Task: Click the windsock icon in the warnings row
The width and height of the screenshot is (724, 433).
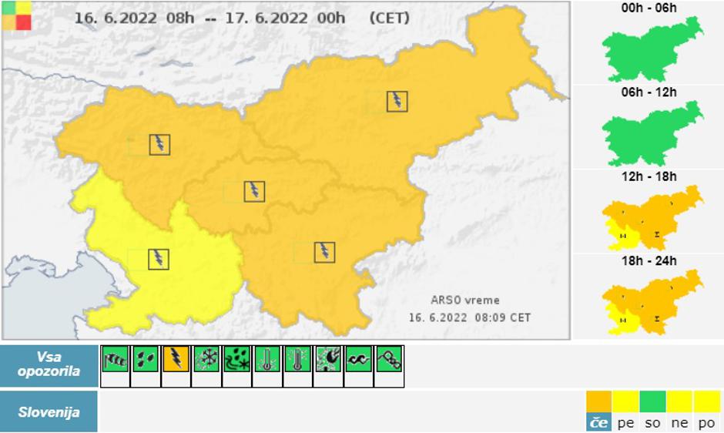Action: point(115,359)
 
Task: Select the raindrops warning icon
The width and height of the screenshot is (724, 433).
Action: point(146,359)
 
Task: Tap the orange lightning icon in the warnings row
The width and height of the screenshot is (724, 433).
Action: point(176,359)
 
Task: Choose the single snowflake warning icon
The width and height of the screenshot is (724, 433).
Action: point(206,359)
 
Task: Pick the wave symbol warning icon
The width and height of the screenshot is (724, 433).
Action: point(358,359)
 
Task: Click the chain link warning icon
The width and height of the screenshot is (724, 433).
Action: point(388,359)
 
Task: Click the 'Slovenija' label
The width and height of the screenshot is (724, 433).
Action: point(49,412)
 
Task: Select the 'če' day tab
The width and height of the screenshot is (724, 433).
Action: point(598,422)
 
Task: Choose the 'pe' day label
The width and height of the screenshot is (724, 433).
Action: point(625,422)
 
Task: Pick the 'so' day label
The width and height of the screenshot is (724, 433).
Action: point(652,422)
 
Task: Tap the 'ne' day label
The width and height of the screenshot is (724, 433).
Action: point(679,422)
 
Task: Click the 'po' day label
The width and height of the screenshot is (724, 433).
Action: point(706,422)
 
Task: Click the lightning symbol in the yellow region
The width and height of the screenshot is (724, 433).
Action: point(159,258)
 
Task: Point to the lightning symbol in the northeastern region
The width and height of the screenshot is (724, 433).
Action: point(397,101)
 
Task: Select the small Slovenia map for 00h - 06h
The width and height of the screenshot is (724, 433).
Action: point(652,49)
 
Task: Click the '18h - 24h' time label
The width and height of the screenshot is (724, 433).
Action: point(649,261)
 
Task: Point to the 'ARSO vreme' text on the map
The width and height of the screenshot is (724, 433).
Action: point(465,300)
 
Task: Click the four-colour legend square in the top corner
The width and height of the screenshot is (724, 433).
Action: point(17,15)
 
